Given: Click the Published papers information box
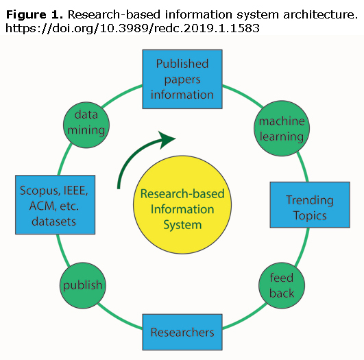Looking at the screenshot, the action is pyautogui.click(x=182, y=79).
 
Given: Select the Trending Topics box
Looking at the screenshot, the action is pyautogui.click(x=310, y=204).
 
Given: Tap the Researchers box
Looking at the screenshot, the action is pyautogui.click(x=182, y=332).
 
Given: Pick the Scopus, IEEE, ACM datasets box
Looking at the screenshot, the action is pyautogui.click(x=56, y=204).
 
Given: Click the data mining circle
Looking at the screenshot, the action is pyautogui.click(x=86, y=125).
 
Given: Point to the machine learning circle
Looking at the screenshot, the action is pyautogui.click(x=282, y=128).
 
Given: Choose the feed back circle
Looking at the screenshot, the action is pyautogui.click(x=282, y=285).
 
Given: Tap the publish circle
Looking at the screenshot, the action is pyautogui.click(x=83, y=285).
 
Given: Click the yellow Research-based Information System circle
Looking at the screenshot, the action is pyautogui.click(x=182, y=204).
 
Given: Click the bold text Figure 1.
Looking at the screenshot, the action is pyautogui.click(x=34, y=15).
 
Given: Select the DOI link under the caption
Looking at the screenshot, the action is pyautogui.click(x=132, y=28).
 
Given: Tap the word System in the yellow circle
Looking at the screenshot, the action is pyautogui.click(x=182, y=225).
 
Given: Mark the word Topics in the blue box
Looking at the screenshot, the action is pyautogui.click(x=310, y=215).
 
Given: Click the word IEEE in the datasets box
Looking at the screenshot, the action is pyautogui.click(x=75, y=191).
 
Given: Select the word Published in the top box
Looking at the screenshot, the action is pyautogui.click(x=182, y=64).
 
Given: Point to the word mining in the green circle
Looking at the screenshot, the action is pyautogui.click(x=86, y=130).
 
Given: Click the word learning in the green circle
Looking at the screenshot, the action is pyautogui.click(x=282, y=136).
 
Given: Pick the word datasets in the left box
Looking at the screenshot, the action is pyautogui.click(x=54, y=221).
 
